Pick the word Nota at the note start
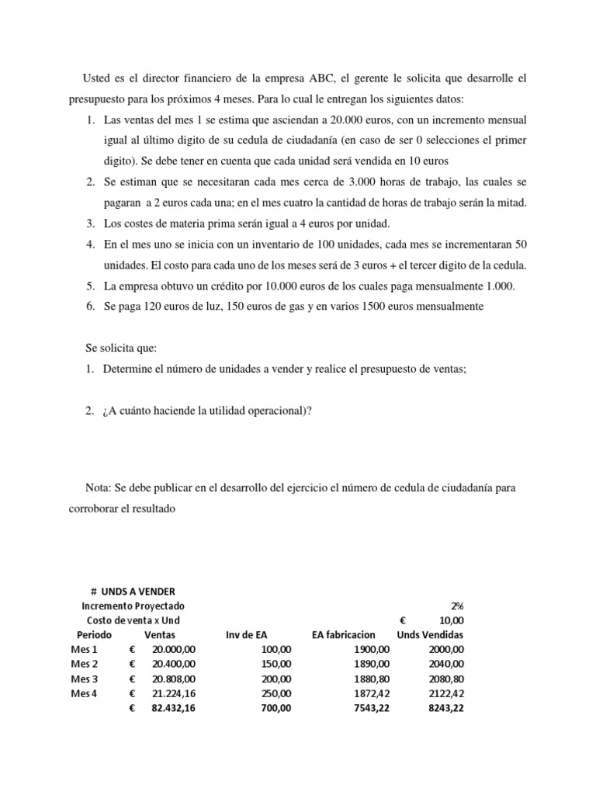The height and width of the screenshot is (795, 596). pos(98,488)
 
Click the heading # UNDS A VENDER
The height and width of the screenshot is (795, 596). pos(133,592)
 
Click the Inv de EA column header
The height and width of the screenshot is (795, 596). pos(248,634)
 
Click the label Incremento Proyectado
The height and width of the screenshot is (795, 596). pos(133,606)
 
